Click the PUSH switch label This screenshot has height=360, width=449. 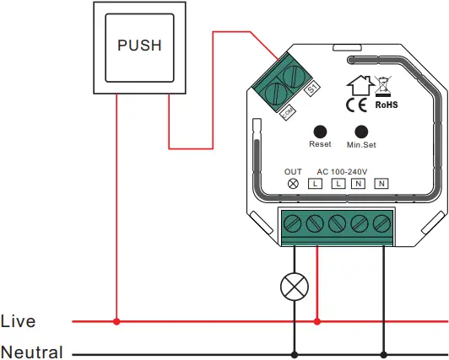pyautogui.click(x=139, y=45)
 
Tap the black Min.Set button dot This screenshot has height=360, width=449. pyautogui.click(x=362, y=132)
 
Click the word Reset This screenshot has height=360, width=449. pyautogui.click(x=320, y=145)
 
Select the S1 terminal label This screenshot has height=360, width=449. pyautogui.click(x=311, y=86)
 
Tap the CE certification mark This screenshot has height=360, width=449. pyautogui.click(x=355, y=105)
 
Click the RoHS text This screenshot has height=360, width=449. pyautogui.click(x=386, y=105)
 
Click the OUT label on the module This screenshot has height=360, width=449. pyautogui.click(x=293, y=171)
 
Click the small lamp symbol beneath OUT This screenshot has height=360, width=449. pyautogui.click(x=293, y=183)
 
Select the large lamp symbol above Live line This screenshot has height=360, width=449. pyautogui.click(x=294, y=287)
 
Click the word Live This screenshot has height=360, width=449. pyautogui.click(x=19, y=321)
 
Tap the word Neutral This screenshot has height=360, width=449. pyautogui.click(x=31, y=352)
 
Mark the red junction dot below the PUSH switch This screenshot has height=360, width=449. pyautogui.click(x=116, y=321)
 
